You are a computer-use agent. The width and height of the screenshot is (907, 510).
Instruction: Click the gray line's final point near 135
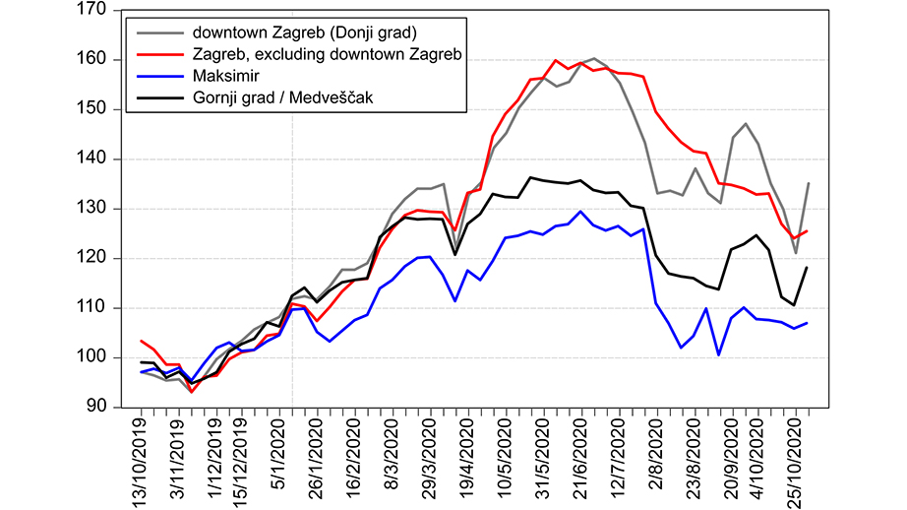(809, 183)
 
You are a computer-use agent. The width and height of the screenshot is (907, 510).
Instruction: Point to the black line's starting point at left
(142, 362)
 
